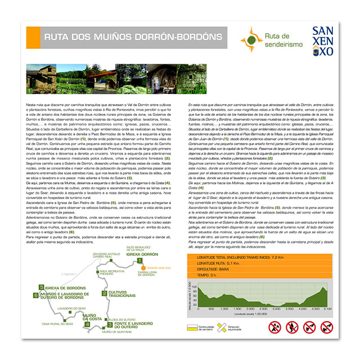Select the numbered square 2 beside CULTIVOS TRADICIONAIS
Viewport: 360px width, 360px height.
pyautogui.click(x=104, y=293)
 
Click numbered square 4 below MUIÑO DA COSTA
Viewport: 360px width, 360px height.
pyautogui.click(x=87, y=325)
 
